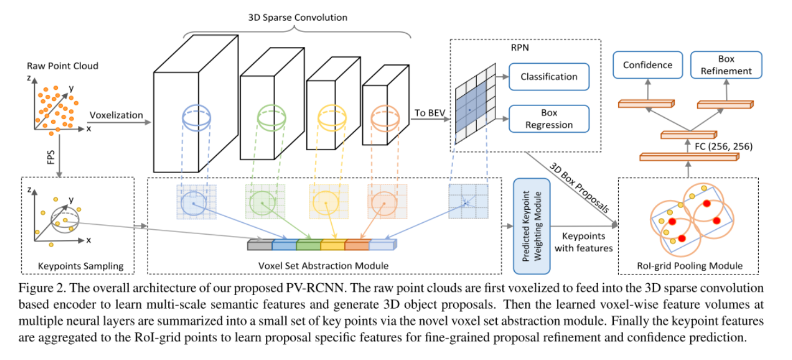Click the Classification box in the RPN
click(x=549, y=76)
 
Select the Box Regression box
click(x=549, y=119)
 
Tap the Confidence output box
click(x=648, y=65)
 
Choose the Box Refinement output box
click(x=726, y=65)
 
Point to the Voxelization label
click(x=116, y=115)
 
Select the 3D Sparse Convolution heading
click(x=297, y=17)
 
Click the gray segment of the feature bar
click(x=259, y=246)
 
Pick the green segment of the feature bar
click(x=308, y=246)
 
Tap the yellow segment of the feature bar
click(x=332, y=246)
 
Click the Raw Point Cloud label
click(x=63, y=66)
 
